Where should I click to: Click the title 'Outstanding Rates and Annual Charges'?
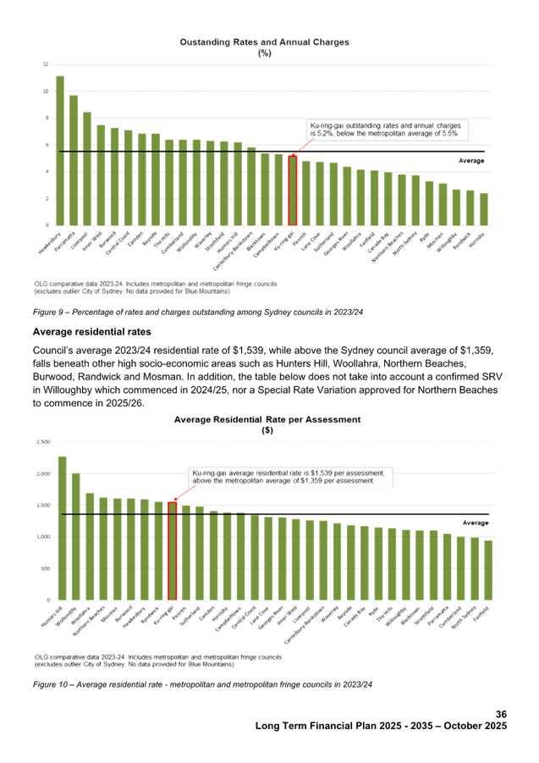pos(264,41)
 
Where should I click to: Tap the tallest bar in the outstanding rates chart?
pos(60,150)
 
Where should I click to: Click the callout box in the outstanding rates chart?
pos(388,130)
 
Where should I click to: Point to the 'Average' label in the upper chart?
pos(471,160)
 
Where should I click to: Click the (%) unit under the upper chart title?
pos(264,53)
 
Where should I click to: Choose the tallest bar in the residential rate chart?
pos(62,528)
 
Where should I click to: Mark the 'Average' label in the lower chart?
pos(476,523)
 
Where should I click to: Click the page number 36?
pos(501,714)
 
